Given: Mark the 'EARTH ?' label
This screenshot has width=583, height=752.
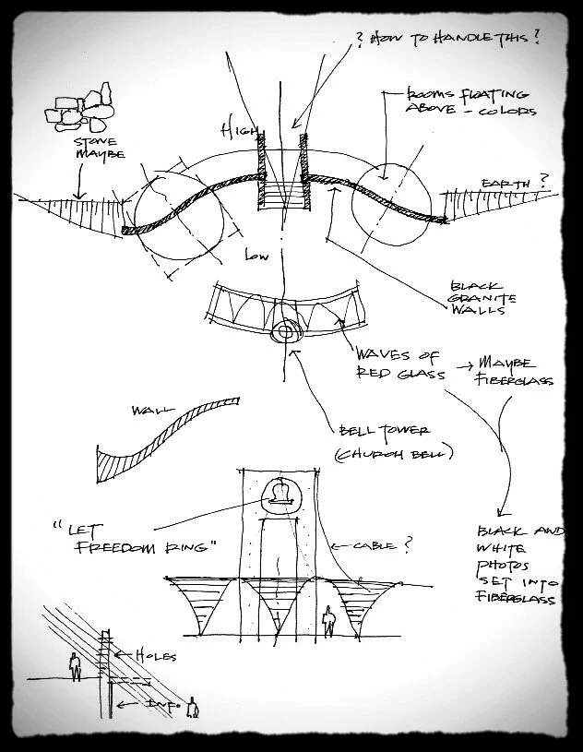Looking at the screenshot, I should pyautogui.click(x=509, y=183).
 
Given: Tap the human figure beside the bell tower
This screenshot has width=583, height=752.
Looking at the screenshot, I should pyautogui.click(x=327, y=621).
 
